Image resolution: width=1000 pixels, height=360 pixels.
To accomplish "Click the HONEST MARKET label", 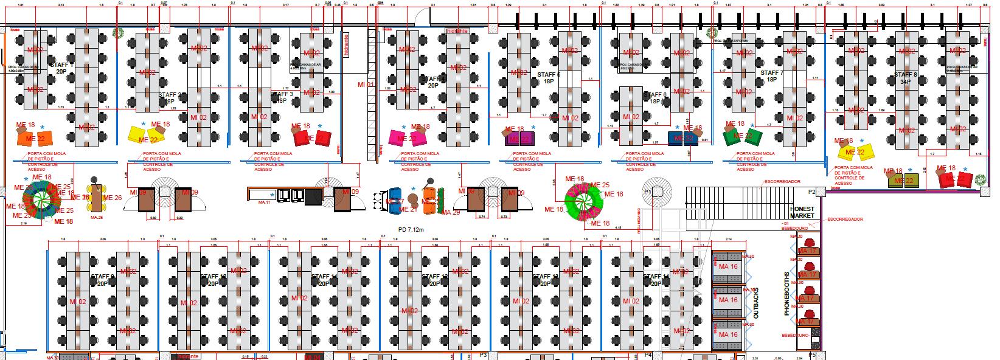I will point(802,212).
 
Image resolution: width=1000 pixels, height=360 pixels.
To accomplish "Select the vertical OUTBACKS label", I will point(756,303).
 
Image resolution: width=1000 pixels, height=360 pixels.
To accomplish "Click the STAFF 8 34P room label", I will point(905,77).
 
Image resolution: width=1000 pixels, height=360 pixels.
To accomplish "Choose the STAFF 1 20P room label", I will point(61,67).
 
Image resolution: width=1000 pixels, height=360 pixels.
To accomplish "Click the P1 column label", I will point(648,192).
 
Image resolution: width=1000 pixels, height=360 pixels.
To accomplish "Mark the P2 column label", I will point(811,192).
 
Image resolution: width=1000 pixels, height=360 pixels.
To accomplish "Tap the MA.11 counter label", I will point(265,202).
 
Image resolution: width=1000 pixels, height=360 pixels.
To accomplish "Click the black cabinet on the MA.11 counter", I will point(313,197).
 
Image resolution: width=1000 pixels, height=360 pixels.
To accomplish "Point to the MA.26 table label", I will point(96,217).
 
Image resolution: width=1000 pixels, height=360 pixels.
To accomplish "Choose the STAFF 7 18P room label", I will point(771,76).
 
